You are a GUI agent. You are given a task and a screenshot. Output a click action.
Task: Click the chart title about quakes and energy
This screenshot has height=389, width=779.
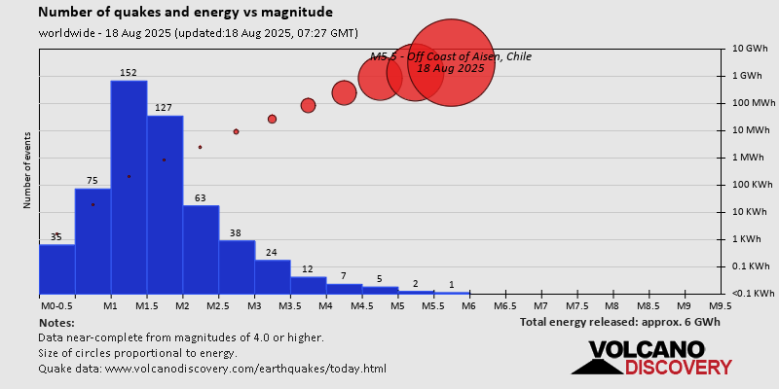tap(185, 13)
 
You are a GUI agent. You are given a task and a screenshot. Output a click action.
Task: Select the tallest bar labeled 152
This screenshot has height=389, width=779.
tap(129, 185)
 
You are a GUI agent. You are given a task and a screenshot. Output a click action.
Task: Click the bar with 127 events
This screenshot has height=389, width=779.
tap(165, 204)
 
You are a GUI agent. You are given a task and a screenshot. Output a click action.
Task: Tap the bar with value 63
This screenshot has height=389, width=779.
tap(201, 249)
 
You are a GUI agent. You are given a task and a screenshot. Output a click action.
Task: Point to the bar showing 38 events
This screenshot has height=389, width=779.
tap(237, 266)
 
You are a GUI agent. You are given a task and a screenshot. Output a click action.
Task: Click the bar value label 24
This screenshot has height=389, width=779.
tap(272, 253)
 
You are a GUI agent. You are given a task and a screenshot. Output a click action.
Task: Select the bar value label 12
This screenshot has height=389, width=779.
tap(308, 269)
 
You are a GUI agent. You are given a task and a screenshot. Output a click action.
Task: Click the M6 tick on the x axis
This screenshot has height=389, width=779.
tap(469, 305)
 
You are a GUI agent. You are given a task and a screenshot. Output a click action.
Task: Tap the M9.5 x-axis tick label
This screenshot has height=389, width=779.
tap(721, 305)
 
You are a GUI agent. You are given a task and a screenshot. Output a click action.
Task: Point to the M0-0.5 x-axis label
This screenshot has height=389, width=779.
tap(55, 305)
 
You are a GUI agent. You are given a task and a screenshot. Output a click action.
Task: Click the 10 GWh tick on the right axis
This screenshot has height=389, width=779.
tap(751, 49)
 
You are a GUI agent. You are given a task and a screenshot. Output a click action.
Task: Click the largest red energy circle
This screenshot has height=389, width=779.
tap(450, 62)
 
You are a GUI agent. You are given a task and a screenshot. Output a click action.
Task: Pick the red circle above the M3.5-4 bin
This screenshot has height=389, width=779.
tap(308, 105)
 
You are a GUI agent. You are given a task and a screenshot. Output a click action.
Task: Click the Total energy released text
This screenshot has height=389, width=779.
tap(619, 322)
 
